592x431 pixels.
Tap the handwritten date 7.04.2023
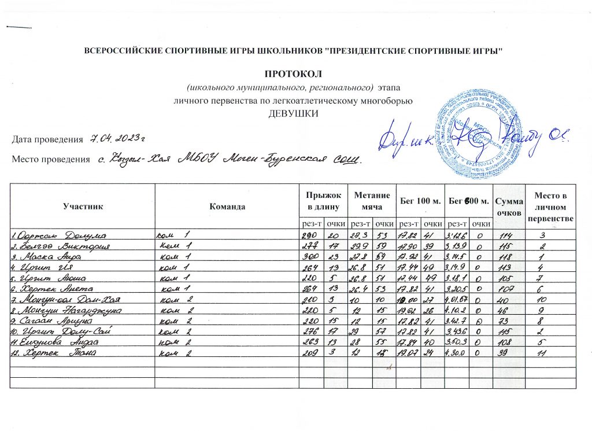pos(116,138)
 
